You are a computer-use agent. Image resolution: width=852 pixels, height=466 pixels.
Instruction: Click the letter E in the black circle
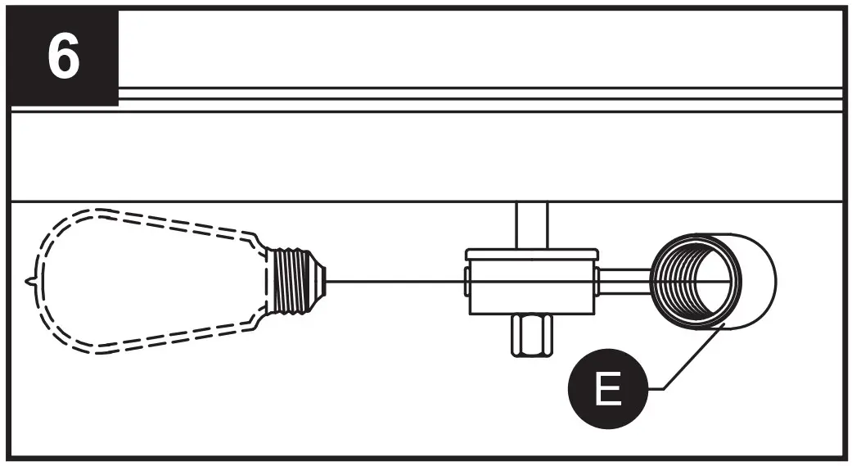tap(606, 391)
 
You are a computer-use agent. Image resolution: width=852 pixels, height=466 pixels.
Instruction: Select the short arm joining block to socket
tap(623, 278)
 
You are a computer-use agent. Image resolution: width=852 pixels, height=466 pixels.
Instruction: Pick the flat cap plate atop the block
tap(530, 254)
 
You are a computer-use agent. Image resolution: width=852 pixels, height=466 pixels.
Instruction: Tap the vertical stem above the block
tap(530, 224)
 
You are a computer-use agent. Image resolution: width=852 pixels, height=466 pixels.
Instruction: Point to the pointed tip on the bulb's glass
tap(31, 280)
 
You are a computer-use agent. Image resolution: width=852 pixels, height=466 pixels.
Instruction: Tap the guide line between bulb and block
tap(393, 281)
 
